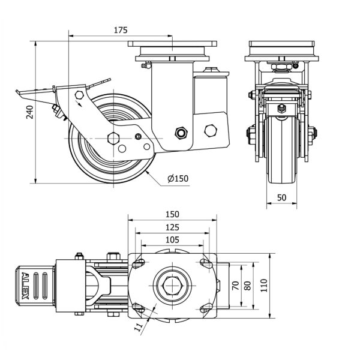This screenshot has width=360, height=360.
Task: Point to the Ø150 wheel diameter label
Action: pos(178,179)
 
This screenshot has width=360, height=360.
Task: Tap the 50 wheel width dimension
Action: pos(281,197)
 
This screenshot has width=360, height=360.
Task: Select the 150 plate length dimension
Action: pos(172,214)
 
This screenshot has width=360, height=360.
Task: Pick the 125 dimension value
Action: pos(172,227)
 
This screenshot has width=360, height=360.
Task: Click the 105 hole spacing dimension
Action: pos(172,239)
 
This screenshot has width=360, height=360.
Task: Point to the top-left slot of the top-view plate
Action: pos(139,263)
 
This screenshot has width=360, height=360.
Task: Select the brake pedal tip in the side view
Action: pos(19,92)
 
